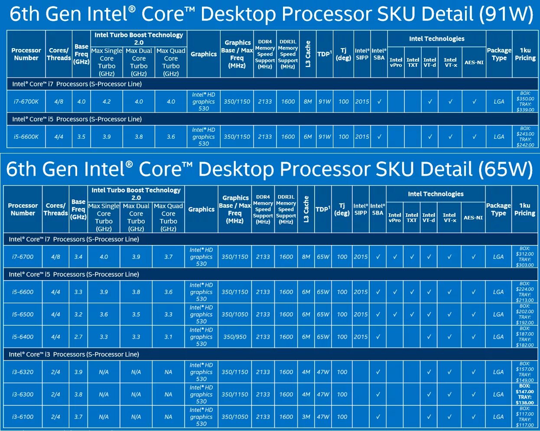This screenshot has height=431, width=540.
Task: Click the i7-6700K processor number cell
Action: coord(26,101)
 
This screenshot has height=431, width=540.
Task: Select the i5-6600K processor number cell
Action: coord(26,137)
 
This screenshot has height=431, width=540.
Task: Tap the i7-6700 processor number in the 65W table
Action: coord(23,257)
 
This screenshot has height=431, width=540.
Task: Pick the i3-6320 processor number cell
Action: coord(23,372)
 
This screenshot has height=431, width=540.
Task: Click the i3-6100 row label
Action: coord(23,417)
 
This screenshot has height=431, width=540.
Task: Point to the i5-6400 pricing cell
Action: coord(525,337)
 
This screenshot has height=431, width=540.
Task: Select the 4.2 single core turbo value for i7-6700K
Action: coord(107,101)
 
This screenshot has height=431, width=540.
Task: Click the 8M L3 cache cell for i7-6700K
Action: coord(308,101)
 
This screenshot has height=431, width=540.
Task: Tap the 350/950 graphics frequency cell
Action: coord(234,337)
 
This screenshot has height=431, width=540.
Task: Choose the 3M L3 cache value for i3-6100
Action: coord(306,417)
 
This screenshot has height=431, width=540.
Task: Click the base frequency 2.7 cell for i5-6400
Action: coord(78,337)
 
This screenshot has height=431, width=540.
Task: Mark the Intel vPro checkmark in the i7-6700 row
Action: coord(395,257)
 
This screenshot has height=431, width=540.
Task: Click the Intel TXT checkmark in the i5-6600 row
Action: coord(412,292)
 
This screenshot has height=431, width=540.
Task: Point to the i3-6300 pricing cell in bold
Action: coord(525,394)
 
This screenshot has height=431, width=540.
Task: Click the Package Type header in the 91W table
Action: coord(499,54)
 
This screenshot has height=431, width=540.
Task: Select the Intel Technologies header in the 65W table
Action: coord(436,194)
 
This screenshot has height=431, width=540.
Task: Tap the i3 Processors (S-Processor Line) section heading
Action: coord(74,354)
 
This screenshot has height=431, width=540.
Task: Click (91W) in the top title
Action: coord(506,14)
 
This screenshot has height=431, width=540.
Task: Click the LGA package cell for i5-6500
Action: coord(498,314)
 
